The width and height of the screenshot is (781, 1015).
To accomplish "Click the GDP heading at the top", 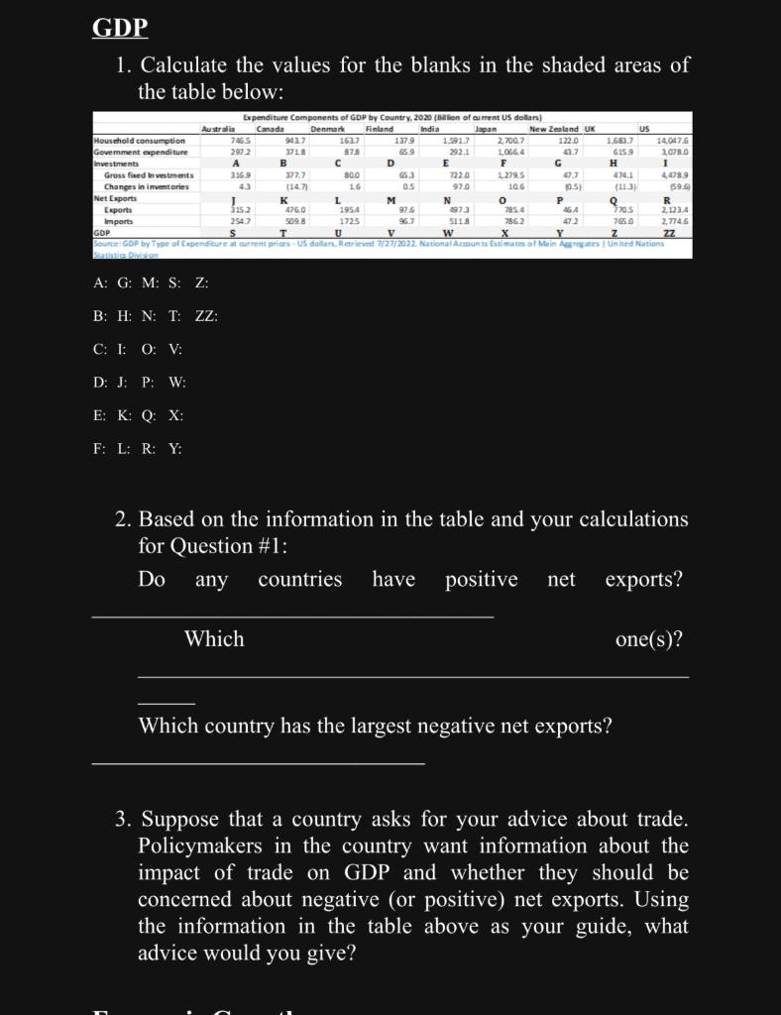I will [120, 28].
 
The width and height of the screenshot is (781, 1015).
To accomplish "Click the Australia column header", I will [219, 129].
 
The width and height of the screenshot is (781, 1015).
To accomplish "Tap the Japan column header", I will [486, 129].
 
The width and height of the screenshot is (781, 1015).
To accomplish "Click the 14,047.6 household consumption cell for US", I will [672, 141].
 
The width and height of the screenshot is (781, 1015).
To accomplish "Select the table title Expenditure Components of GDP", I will [391, 118].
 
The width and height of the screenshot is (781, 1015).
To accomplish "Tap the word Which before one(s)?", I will [214, 639].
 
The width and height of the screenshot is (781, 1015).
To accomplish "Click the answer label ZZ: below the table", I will [206, 316].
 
